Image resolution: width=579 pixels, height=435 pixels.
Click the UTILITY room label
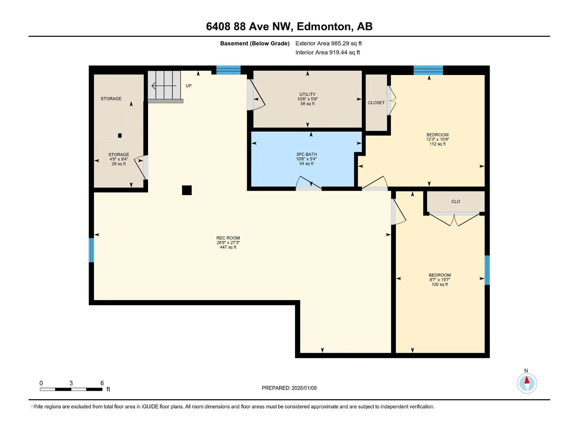tap(307, 94)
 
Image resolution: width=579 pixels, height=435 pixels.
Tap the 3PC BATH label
tap(306, 154)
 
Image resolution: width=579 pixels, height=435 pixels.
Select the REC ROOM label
tap(228, 238)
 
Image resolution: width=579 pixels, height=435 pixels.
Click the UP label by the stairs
tap(189, 86)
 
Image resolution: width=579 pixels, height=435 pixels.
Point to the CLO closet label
tap(456, 201)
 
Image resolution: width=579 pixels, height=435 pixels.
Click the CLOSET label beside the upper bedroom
tap(376, 103)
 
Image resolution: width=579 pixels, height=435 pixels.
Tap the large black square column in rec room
tap(187, 190)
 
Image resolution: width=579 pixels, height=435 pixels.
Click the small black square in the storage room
tap(120, 136)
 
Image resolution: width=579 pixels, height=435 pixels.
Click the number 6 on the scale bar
tap(102, 383)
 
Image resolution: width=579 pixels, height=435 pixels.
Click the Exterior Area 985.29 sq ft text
tap(329, 43)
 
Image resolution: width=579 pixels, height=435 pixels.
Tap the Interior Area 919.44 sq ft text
tap(327, 52)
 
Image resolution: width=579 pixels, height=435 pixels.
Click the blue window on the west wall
tap(91, 250)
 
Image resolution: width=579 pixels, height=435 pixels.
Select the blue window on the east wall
tap(487, 270)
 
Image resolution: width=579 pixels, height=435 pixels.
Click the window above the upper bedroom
tap(428, 70)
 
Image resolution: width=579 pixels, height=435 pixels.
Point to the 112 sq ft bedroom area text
tap(438, 144)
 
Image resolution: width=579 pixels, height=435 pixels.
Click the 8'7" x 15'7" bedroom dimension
tap(439, 280)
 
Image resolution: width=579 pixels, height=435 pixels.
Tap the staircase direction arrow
tap(164, 86)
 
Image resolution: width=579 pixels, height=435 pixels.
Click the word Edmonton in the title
tap(324, 26)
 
